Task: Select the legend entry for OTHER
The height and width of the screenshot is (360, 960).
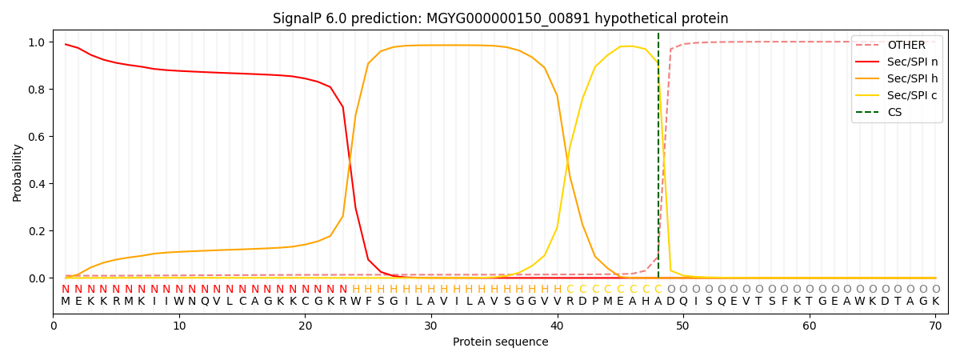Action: point(906,46)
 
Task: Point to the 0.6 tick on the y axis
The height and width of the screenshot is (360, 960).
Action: point(42,137)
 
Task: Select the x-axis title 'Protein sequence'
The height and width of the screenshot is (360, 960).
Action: point(501,342)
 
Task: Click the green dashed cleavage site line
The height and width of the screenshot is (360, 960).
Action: point(658,160)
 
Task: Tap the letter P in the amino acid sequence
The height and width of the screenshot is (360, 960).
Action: point(595,302)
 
